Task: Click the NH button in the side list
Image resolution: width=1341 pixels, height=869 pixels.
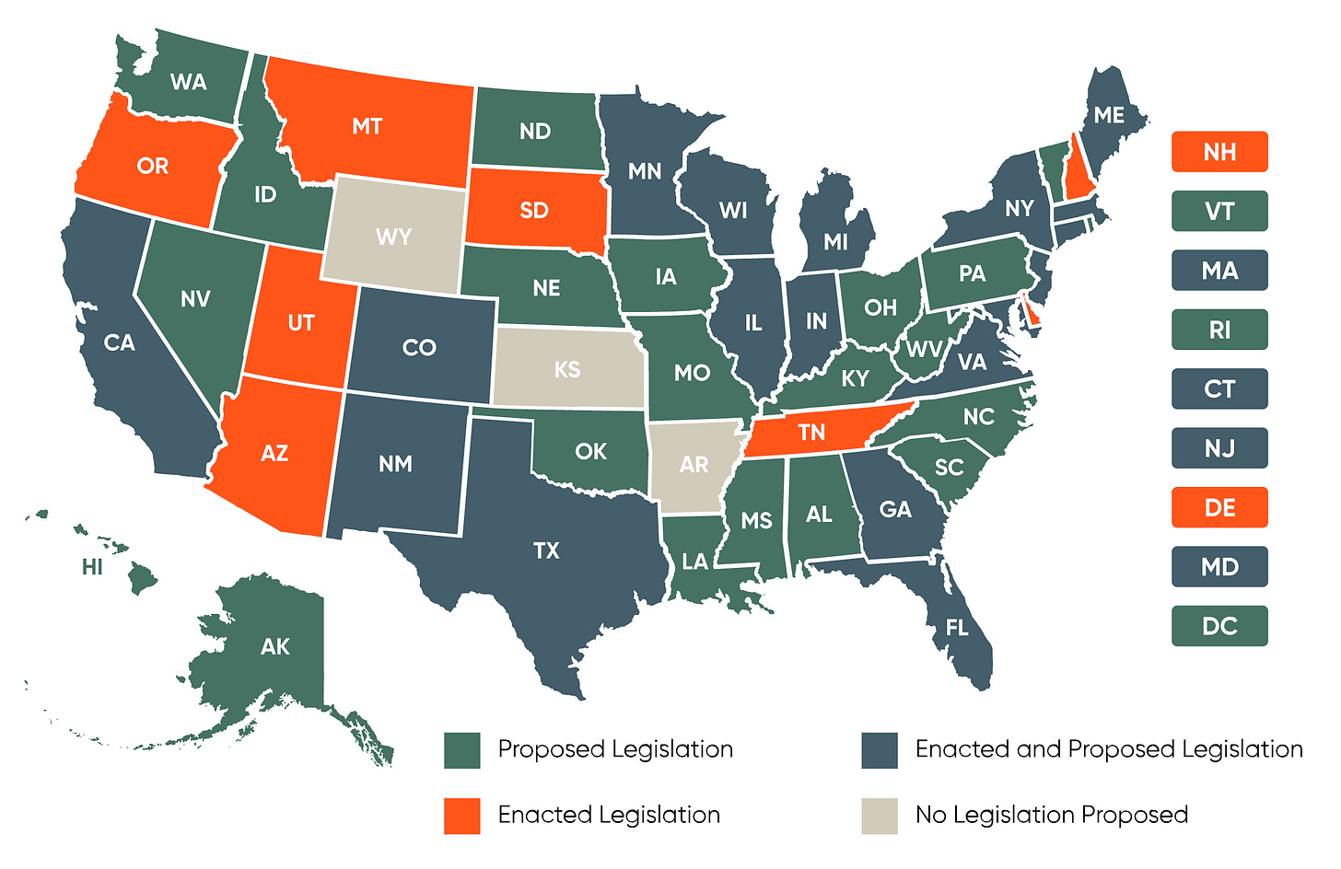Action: pyautogui.click(x=1219, y=152)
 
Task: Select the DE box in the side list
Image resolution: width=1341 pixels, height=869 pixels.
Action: pyautogui.click(x=1219, y=507)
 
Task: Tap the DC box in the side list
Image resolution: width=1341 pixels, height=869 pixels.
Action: pyautogui.click(x=1219, y=626)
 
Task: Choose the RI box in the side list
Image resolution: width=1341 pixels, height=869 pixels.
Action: pyautogui.click(x=1219, y=330)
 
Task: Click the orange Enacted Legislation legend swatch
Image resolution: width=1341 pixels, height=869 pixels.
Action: pyautogui.click(x=461, y=816)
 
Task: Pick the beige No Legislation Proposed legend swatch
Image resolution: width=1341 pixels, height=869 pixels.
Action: pyautogui.click(x=880, y=816)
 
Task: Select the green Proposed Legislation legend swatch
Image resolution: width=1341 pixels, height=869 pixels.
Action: pyautogui.click(x=461, y=750)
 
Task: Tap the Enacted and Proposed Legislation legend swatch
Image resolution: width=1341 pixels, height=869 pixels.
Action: pyautogui.click(x=880, y=750)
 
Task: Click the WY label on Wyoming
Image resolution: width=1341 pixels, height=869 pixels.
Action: pyautogui.click(x=393, y=237)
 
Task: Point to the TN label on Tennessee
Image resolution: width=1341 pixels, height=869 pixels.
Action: pyautogui.click(x=811, y=433)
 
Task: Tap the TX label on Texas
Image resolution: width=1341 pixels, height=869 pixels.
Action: pyautogui.click(x=546, y=550)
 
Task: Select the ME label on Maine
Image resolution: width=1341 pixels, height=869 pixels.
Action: pyautogui.click(x=1109, y=115)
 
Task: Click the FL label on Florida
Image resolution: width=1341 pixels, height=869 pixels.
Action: pyautogui.click(x=957, y=628)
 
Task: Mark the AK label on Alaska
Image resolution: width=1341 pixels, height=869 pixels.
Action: pyautogui.click(x=274, y=646)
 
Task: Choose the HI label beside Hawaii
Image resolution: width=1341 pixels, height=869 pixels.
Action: pyautogui.click(x=92, y=567)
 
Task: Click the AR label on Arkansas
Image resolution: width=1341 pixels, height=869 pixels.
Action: pyautogui.click(x=694, y=465)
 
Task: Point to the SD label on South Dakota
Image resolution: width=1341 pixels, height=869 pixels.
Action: pyautogui.click(x=534, y=211)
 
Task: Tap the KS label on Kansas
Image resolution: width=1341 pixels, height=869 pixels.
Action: pyautogui.click(x=567, y=369)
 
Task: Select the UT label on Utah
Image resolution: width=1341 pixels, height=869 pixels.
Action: pyautogui.click(x=301, y=323)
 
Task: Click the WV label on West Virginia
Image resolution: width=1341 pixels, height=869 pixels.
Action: pyautogui.click(x=923, y=349)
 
